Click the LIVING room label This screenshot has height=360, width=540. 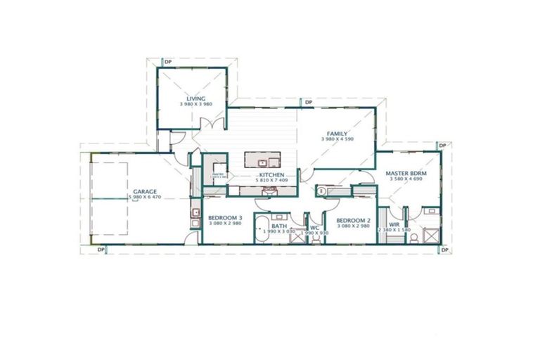click(195, 98)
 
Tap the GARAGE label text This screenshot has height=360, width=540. click(146, 191)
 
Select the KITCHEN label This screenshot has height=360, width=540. click(271, 174)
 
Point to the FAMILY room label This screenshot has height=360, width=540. click(337, 133)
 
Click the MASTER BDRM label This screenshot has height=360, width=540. click(407, 172)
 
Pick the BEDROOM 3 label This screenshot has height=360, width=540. click(225, 218)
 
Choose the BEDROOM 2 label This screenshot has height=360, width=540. click(353, 219)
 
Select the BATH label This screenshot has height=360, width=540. click(279, 226)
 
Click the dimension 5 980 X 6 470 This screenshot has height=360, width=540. click(146, 198)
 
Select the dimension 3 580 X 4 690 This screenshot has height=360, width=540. click(407, 179)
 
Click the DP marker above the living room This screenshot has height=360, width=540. click(168, 63)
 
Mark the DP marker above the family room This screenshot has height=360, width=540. click(308, 103)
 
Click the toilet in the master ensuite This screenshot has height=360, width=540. click(416, 237)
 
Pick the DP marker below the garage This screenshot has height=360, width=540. click(101, 249)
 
